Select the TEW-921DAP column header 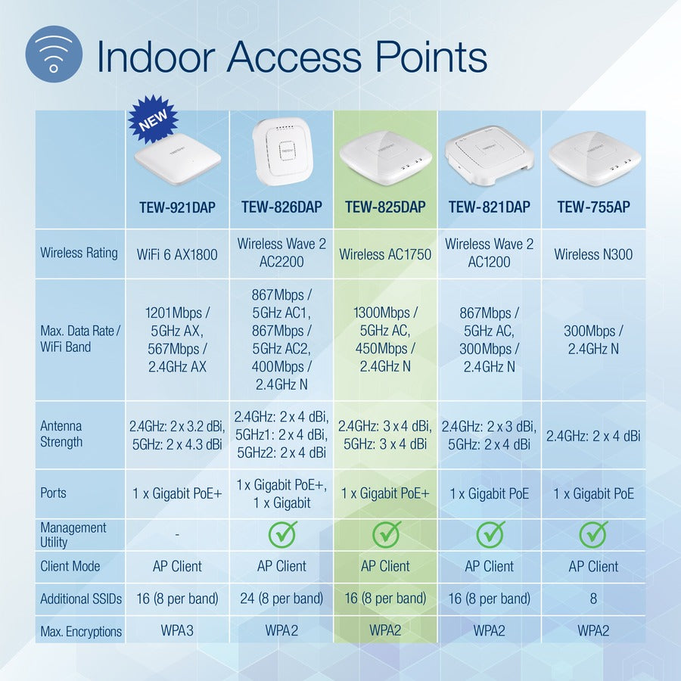177,207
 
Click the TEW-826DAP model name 281,207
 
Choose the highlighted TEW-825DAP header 385,207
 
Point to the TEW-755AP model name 593,207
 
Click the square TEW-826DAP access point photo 281,154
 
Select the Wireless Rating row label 79,253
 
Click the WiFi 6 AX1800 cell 177,254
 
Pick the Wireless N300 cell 593,254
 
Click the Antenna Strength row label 61,434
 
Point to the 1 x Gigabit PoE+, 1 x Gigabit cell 281,493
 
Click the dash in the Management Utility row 177,534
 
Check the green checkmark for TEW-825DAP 386,533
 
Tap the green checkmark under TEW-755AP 593,533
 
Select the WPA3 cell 177,631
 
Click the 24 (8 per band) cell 281,599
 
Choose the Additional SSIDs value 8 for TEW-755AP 593,599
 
